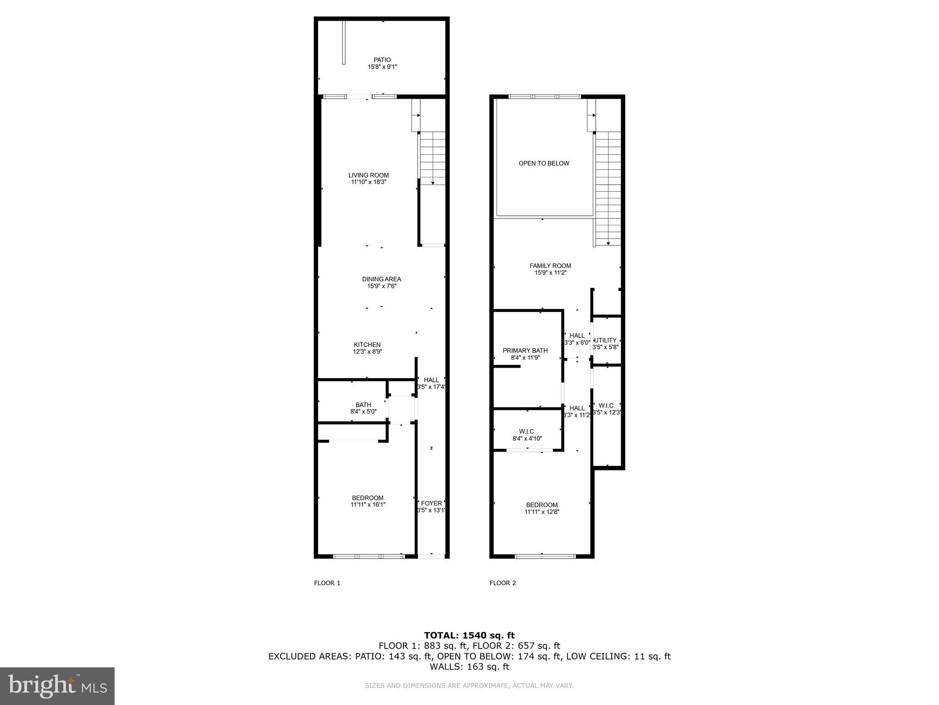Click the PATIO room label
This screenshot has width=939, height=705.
tap(382, 60)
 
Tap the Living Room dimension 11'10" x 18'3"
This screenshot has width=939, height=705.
tap(369, 182)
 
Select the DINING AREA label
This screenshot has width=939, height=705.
tap(381, 279)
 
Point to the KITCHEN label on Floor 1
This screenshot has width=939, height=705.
tap(367, 345)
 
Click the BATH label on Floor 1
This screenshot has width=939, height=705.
tap(363, 405)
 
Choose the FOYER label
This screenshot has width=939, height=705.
tap(431, 504)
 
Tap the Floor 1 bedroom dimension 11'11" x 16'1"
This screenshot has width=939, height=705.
tap(368, 505)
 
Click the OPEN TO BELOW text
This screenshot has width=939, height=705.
tap(544, 163)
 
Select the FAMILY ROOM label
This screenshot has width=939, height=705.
tap(550, 266)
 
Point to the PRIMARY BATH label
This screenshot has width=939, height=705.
tap(525, 351)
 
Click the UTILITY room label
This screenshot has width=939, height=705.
tap(606, 340)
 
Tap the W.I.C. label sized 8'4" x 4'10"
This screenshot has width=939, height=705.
tap(527, 431)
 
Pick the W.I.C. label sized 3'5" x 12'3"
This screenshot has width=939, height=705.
tap(607, 406)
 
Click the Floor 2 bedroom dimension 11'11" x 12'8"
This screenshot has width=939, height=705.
tap(542, 512)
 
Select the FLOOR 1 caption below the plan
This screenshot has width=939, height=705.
tap(327, 583)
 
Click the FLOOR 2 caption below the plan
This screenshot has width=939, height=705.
tap(503, 583)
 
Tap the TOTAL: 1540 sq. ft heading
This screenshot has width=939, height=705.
tap(469, 635)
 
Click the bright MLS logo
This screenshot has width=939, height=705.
tap(57, 686)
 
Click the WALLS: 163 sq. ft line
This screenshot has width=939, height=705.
tap(469, 666)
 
